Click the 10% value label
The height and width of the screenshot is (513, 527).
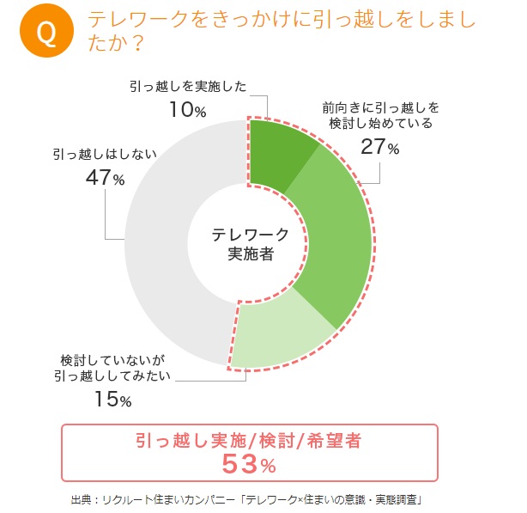coord(187,110)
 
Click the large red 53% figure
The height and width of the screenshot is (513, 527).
coord(249,465)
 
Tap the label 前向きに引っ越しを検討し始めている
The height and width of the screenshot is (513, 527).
coord(380,115)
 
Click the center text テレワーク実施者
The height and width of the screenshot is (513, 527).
coord(250,243)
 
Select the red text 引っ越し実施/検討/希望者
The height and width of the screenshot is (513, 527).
coord(249,441)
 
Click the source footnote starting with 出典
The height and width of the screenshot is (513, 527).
coord(249,499)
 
